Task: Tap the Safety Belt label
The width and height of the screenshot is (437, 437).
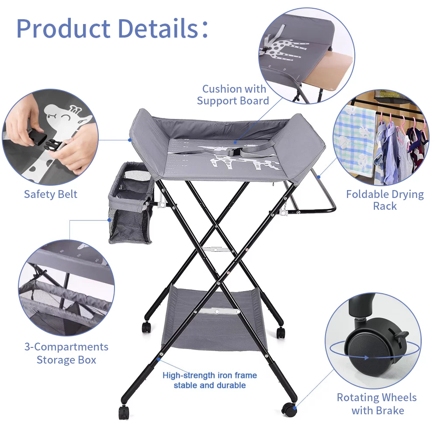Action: tap(50, 194)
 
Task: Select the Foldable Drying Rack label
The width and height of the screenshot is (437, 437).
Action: tap(385, 200)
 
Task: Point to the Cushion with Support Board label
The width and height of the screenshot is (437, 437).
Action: tap(233, 95)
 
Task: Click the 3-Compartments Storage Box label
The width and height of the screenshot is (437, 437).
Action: tap(66, 353)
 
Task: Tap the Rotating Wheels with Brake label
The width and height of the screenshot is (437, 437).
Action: tap(376, 404)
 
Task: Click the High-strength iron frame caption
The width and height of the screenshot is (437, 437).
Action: tap(209, 380)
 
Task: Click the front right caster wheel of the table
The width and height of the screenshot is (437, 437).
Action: tap(288, 409)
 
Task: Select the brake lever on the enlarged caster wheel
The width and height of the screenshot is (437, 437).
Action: tap(401, 337)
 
